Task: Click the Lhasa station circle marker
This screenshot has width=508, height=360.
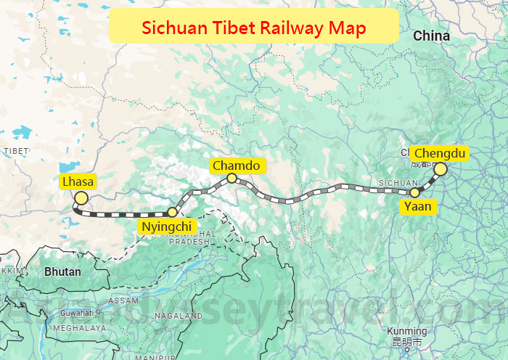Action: coord(81,198)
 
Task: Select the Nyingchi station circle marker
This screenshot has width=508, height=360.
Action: coord(173,212)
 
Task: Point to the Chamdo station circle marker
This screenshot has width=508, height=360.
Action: coord(232,178)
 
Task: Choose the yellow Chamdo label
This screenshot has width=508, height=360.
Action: coord(236,165)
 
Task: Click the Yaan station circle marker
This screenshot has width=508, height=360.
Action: coord(414,192)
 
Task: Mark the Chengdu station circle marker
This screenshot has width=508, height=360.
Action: coord(440,168)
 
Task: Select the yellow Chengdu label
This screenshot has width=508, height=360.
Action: coord(439,153)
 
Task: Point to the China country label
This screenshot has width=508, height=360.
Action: coord(431,36)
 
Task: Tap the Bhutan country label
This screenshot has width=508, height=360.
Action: coord(62,272)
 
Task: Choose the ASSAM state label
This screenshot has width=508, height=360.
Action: coord(123,300)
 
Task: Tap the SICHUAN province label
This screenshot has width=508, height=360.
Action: coord(398,183)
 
